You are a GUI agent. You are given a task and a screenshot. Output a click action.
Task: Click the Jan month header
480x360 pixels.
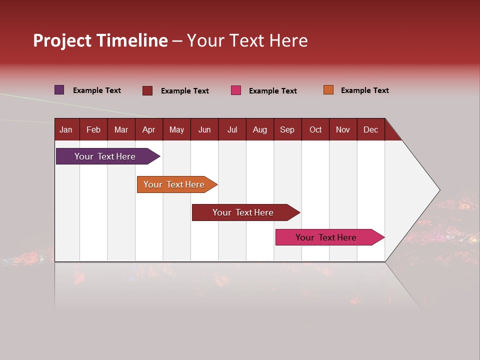(66, 129)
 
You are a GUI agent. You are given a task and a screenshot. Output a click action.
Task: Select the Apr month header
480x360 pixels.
(148, 129)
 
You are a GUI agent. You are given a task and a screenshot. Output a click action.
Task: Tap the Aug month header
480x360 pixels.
(259, 129)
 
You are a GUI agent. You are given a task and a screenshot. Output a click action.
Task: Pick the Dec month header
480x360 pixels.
(370, 129)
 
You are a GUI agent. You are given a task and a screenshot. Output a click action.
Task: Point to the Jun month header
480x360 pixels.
(204, 129)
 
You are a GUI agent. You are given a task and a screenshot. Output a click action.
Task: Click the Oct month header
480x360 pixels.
(315, 129)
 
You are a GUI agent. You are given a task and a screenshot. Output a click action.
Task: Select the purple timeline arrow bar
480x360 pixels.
(105, 156)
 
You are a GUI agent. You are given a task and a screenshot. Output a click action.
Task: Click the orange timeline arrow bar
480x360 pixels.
(174, 184)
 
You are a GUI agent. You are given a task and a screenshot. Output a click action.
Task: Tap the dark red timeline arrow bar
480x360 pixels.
(243, 212)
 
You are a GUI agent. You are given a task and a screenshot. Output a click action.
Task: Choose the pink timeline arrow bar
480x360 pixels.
(326, 237)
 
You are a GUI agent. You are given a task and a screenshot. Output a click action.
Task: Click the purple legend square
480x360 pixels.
(59, 90)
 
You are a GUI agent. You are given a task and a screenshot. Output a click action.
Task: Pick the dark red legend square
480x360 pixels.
(147, 90)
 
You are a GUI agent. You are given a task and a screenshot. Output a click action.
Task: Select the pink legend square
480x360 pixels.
(236, 90)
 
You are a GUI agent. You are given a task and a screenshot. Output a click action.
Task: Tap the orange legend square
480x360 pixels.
(328, 90)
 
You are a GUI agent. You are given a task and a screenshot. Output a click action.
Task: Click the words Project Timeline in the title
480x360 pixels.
(100, 40)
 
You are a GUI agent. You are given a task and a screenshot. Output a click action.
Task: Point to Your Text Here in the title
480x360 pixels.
(247, 40)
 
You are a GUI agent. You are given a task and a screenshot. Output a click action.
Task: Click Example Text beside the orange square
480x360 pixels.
(364, 90)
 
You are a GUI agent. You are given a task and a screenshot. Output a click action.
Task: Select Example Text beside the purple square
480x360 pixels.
(96, 90)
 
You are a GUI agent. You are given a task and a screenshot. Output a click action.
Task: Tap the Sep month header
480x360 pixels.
(287, 129)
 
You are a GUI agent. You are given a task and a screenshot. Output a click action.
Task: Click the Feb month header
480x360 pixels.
(93, 129)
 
